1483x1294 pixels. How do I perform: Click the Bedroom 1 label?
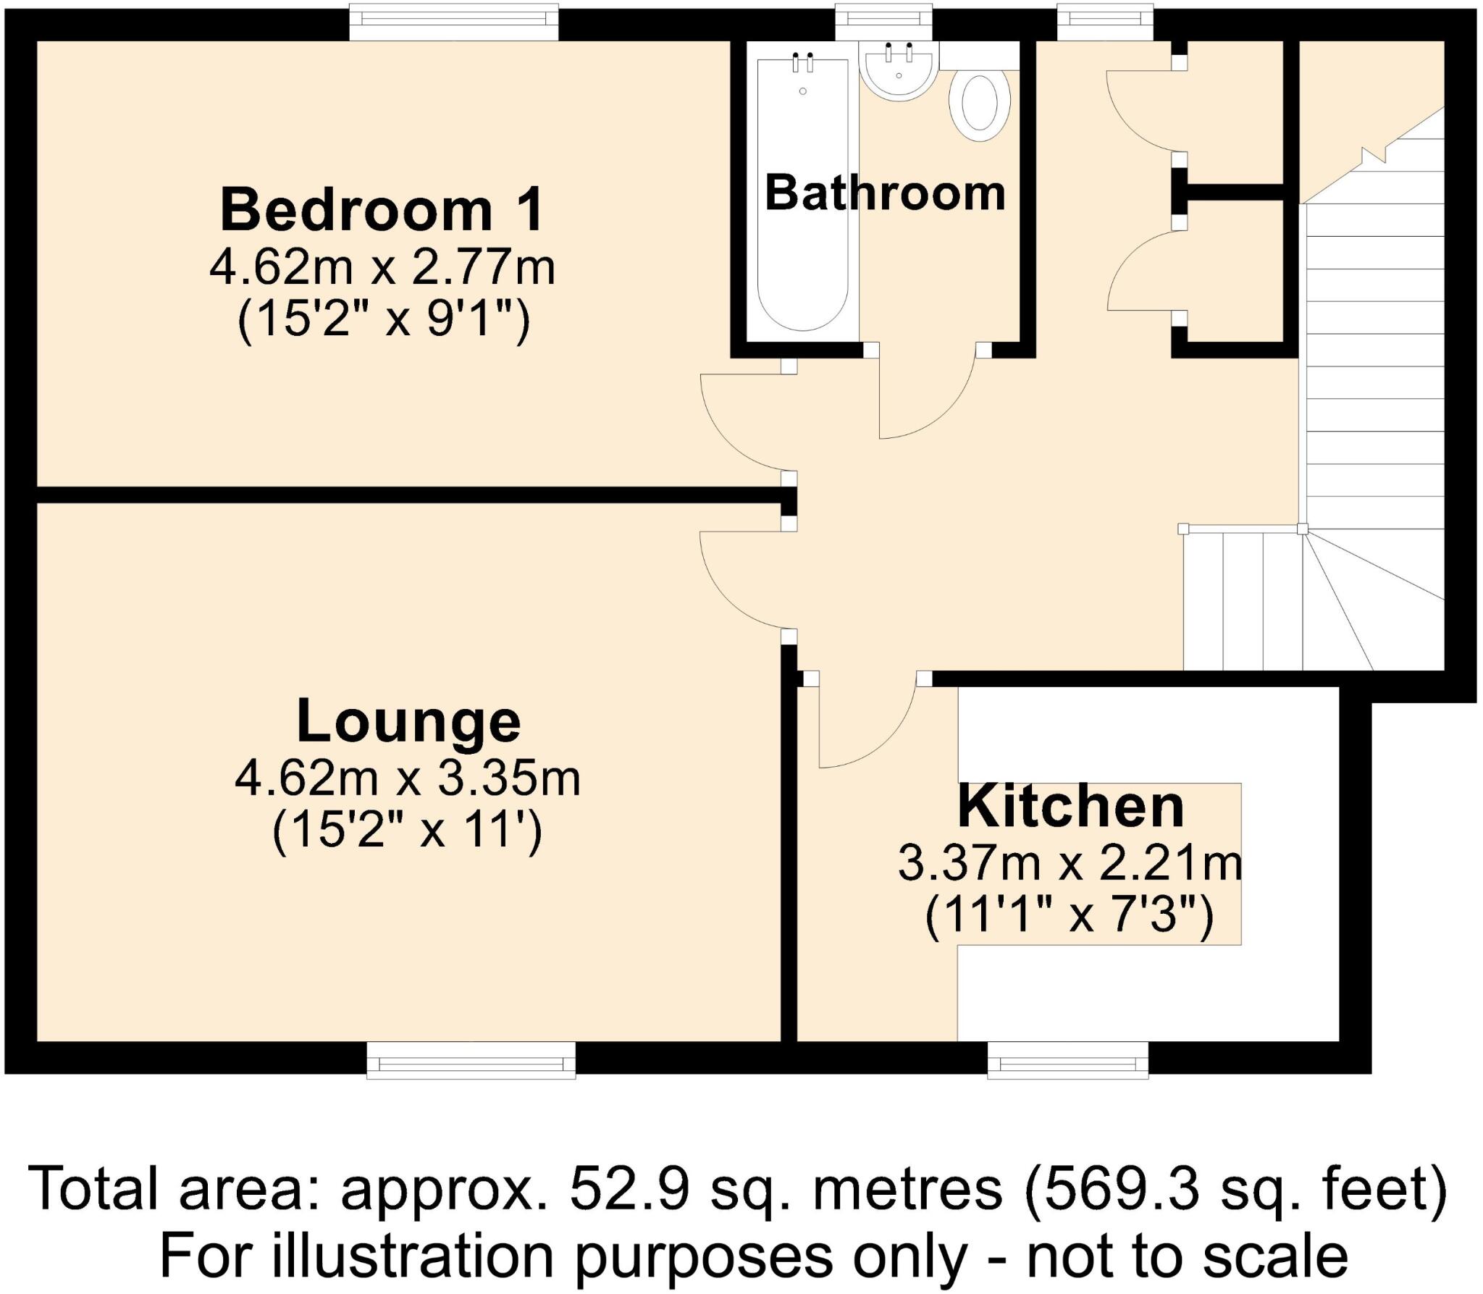click(x=382, y=211)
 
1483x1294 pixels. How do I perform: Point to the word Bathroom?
click(x=885, y=193)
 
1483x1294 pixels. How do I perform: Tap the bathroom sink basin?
click(x=898, y=71)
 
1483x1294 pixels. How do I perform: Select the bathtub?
click(x=802, y=196)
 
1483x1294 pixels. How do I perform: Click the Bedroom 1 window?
click(x=454, y=22)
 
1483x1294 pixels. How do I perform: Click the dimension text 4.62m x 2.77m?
click(x=382, y=269)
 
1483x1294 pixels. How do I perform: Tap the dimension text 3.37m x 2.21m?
click(x=1070, y=864)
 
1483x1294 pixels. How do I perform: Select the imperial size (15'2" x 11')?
click(x=407, y=831)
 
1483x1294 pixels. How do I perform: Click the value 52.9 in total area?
click(x=628, y=1189)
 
